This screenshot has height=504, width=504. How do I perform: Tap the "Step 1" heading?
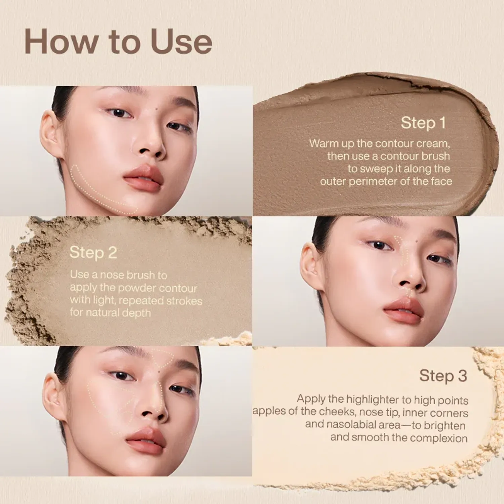423,123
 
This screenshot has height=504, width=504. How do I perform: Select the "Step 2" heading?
93,253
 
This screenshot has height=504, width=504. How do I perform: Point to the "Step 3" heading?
443,376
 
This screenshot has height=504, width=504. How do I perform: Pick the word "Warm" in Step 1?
324,143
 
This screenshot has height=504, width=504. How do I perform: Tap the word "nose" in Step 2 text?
112,275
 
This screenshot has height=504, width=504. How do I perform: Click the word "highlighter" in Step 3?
373,400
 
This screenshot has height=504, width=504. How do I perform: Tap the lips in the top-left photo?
144,178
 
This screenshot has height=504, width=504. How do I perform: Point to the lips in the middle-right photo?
403,311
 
